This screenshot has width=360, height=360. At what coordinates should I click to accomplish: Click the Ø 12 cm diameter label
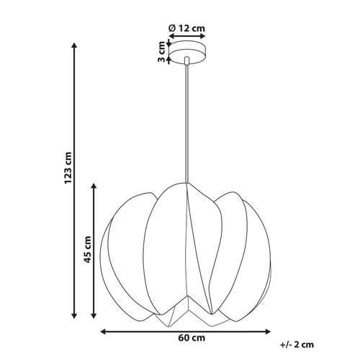(x=187, y=28)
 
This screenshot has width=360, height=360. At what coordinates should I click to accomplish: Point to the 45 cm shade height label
(x=88, y=250)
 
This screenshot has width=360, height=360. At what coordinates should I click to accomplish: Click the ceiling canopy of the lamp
(x=186, y=53)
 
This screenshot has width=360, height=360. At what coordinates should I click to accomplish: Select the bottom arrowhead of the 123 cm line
(x=73, y=316)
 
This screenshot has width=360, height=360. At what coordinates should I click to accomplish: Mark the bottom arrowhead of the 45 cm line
(x=94, y=316)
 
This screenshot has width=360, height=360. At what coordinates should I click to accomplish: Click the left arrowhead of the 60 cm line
(x=102, y=331)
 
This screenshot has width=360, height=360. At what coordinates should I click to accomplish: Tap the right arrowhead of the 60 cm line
(x=271, y=331)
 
